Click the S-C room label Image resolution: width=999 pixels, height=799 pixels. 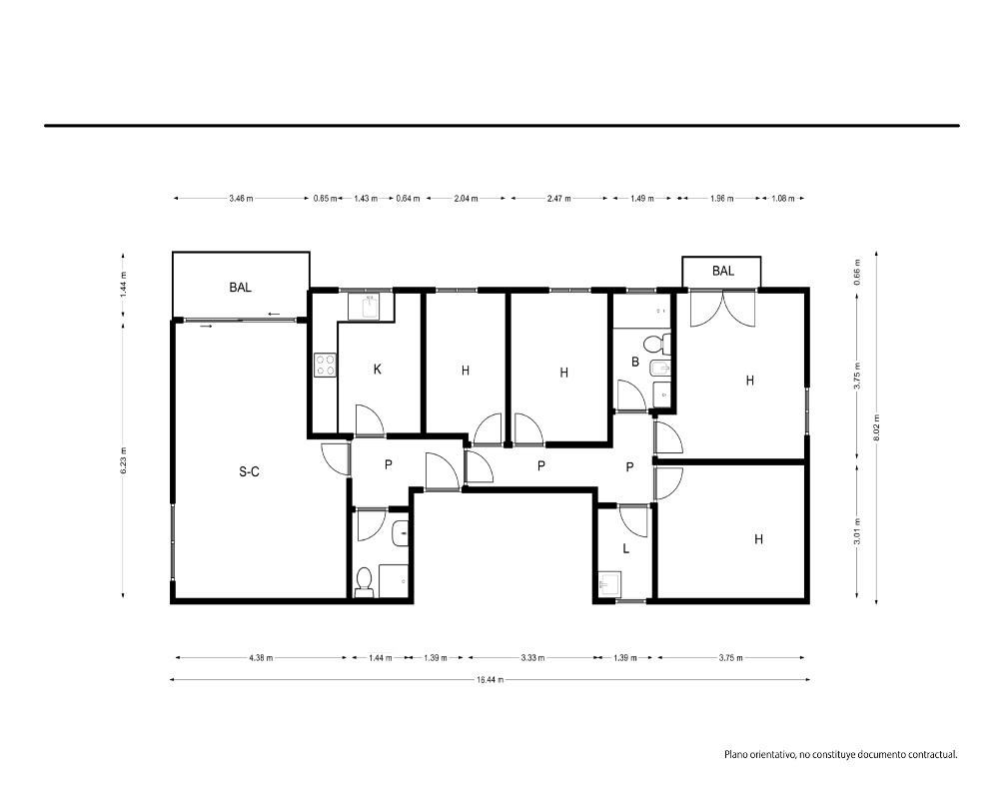249,471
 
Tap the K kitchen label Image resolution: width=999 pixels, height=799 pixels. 378,369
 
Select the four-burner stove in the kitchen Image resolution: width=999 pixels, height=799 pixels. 325,366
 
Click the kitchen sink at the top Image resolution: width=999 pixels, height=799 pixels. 370,307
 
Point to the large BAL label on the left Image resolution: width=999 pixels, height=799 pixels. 240,288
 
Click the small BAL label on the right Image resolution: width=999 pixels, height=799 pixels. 723,271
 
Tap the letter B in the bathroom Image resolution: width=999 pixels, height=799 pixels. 635,362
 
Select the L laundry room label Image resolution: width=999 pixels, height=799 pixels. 626,548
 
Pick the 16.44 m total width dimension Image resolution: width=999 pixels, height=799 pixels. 490,680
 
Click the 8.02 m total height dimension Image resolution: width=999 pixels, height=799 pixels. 877,426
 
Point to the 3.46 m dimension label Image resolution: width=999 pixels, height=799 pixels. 241,198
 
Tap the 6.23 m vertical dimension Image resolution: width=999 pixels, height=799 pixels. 123,460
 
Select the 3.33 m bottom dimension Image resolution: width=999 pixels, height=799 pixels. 531,657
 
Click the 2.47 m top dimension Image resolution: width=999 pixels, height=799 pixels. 558,198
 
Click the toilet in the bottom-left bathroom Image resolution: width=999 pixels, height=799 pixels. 364,582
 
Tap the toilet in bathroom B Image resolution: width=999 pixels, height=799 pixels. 657,345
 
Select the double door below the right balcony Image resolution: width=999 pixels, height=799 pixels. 722,309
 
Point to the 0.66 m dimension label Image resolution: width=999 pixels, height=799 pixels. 857,272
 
